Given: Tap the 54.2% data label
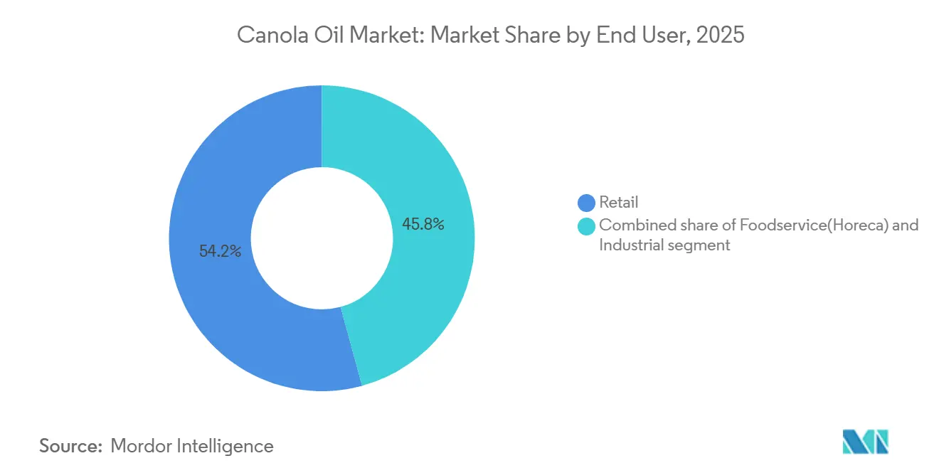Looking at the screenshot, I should pos(220,251).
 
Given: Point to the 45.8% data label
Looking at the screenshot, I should pos(423,225).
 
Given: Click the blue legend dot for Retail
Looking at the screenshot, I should pos(587,203).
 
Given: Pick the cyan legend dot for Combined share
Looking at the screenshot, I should pos(587,226).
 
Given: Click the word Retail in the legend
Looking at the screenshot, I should pos(618,203).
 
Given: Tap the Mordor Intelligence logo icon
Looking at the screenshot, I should pos(865,442).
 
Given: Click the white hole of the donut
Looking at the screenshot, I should pos(322,238).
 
